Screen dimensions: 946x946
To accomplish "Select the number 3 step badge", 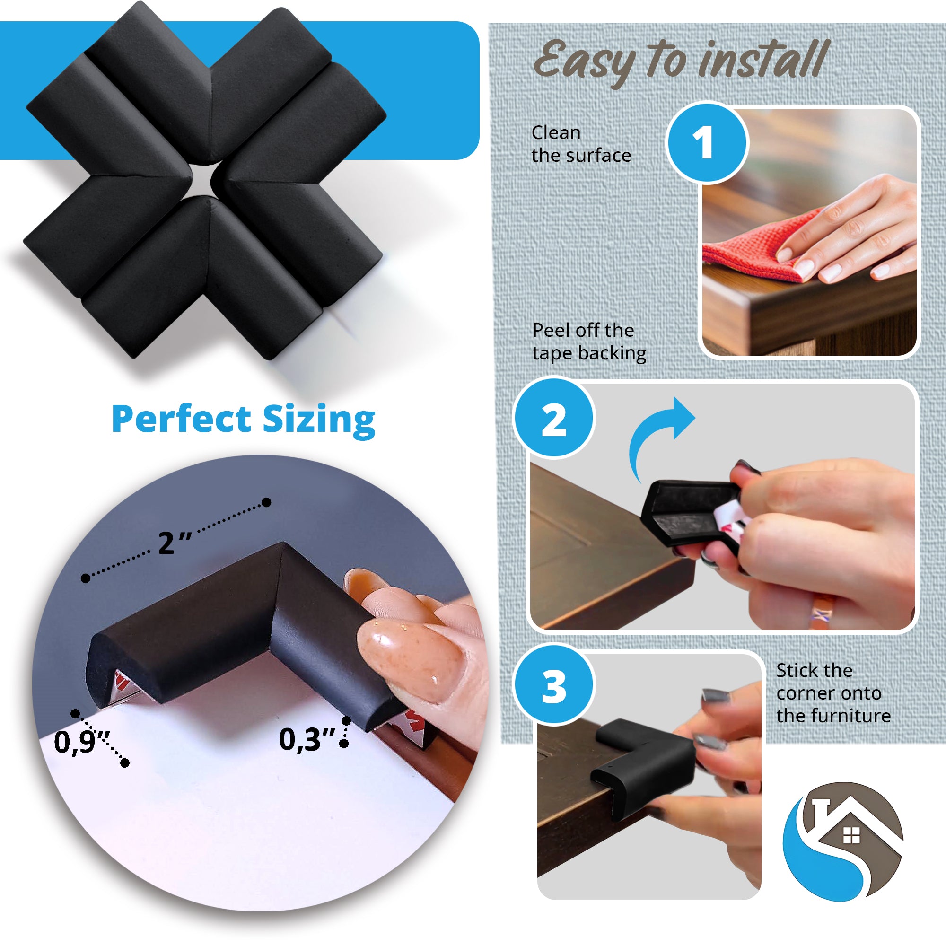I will click(554, 686).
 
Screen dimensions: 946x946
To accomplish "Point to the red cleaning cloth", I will click(749, 247).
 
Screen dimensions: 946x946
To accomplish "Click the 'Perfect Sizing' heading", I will click(243, 419).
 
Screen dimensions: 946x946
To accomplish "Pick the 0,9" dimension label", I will click(81, 741).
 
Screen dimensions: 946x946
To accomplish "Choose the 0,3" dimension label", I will click(307, 739).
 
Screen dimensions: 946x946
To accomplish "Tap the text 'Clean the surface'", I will click(581, 144).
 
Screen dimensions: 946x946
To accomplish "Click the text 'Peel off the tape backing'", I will click(589, 342).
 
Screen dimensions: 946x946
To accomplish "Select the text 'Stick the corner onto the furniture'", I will click(833, 693).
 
